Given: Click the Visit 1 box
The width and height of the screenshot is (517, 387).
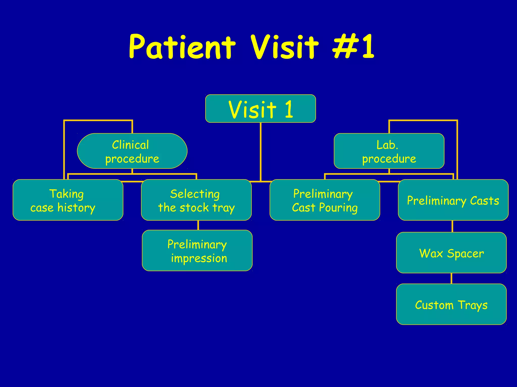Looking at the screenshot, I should click(x=261, y=109).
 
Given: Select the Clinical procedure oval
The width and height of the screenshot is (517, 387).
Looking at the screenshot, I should click(x=132, y=151).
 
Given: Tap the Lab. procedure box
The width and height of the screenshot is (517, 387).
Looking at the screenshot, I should click(x=389, y=151).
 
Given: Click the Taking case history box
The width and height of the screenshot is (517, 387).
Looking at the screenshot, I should click(x=68, y=200).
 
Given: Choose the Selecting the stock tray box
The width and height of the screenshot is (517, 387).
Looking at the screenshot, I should click(x=196, y=200).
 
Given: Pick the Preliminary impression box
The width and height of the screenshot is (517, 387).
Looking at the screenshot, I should click(x=197, y=250).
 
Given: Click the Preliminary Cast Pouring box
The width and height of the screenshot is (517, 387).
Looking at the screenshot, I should click(x=325, y=200).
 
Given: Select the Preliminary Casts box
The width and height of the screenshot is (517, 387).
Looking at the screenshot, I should click(x=453, y=200).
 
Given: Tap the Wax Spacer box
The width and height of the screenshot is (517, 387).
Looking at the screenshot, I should click(x=451, y=253).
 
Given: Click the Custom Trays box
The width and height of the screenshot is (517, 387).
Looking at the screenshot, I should click(x=451, y=304).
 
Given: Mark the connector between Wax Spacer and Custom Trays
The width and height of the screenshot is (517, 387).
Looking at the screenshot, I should click(x=451, y=278).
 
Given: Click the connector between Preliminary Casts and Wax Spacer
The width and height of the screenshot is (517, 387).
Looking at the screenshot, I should click(x=452, y=226).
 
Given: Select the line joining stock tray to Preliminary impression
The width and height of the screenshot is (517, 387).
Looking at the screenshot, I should click(x=198, y=225).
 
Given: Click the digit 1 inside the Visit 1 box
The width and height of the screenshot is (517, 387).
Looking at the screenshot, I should click(x=289, y=109).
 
